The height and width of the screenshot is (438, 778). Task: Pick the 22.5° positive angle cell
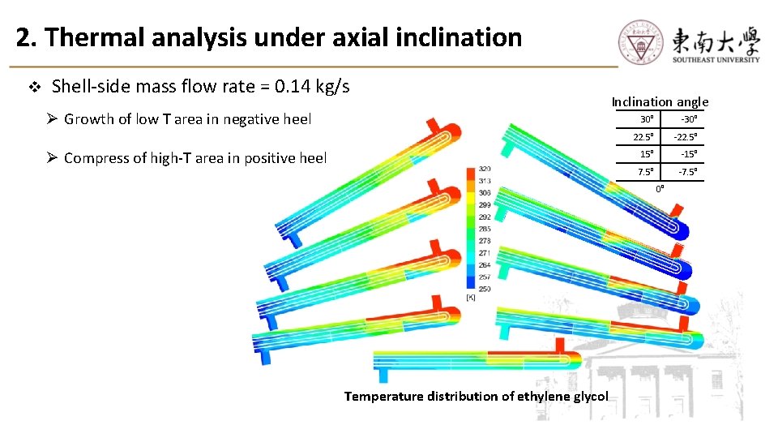645,136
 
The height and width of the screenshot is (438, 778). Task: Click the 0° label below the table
660,188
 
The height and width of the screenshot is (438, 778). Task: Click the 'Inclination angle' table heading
660,101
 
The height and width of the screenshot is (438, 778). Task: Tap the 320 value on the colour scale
485,170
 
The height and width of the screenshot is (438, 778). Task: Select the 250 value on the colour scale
485,289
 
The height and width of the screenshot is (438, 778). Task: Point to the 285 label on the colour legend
485,229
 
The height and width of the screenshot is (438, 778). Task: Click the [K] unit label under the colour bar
471,298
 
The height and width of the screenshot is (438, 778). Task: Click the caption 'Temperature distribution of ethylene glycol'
476,396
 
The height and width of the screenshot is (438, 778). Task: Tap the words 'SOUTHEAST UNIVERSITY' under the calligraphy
716,59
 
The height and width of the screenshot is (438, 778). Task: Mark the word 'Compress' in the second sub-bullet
96,158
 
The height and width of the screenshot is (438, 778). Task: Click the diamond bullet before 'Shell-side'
34,86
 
